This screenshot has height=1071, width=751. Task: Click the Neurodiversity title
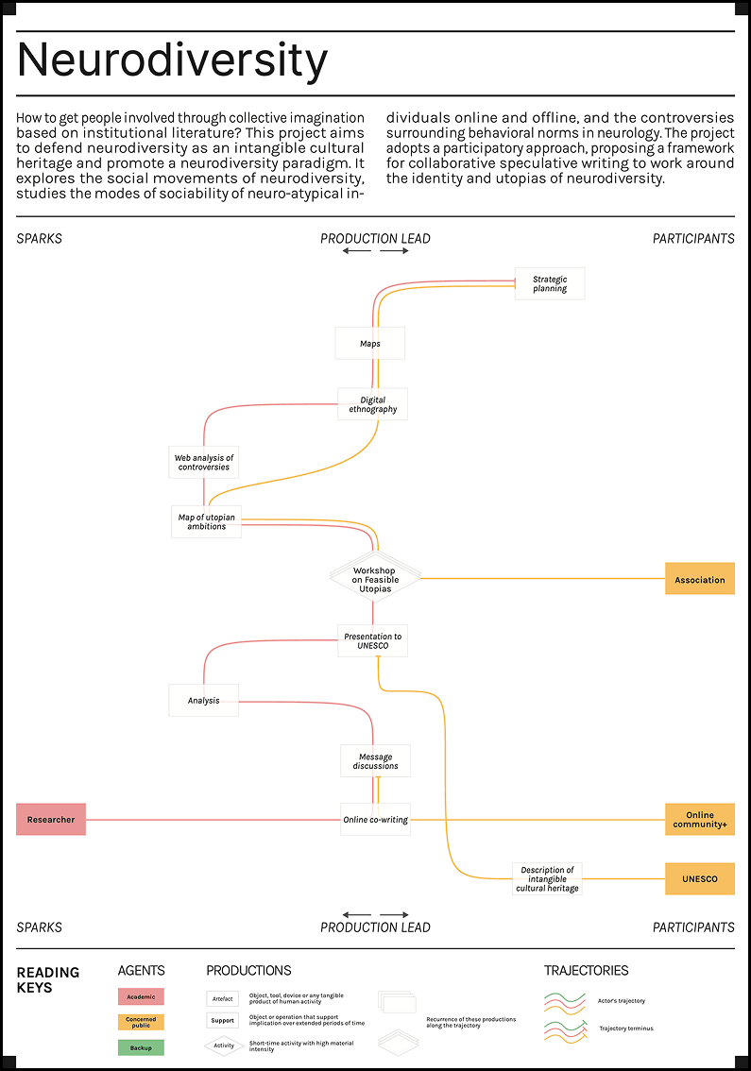pyautogui.click(x=173, y=61)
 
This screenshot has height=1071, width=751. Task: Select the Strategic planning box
pyautogui.click(x=550, y=283)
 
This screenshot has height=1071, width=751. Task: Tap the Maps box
pyautogui.click(x=370, y=344)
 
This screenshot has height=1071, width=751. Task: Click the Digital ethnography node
pyautogui.click(x=373, y=404)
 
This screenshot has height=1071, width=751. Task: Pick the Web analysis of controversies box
pyautogui.click(x=203, y=462)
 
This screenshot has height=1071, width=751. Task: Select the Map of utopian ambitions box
pyautogui.click(x=206, y=521)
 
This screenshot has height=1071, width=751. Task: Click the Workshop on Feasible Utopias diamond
pyautogui.click(x=375, y=575)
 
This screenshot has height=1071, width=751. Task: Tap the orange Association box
pyautogui.click(x=700, y=580)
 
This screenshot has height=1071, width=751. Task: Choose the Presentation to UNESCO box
pyautogui.click(x=373, y=641)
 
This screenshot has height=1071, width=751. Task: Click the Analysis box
pyautogui.click(x=203, y=700)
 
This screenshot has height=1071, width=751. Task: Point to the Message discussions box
pyautogui.click(x=376, y=760)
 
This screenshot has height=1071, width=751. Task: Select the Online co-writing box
pyautogui.click(x=375, y=820)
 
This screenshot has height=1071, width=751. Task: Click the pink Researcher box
pyautogui.click(x=51, y=820)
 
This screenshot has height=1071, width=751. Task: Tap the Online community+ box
pyautogui.click(x=700, y=820)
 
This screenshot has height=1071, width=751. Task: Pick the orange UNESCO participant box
pyautogui.click(x=700, y=878)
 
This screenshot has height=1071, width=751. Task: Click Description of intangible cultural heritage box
pyautogui.click(x=547, y=878)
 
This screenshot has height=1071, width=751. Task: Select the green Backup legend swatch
pyautogui.click(x=141, y=1046)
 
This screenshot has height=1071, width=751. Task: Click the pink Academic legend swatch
pyautogui.click(x=141, y=996)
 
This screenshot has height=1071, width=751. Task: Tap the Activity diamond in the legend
pyautogui.click(x=224, y=1045)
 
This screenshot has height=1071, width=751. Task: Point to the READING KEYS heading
pyautogui.click(x=48, y=979)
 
